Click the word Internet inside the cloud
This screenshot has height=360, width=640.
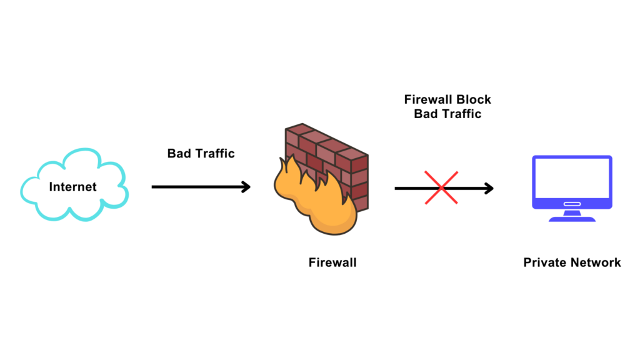click(x=72, y=186)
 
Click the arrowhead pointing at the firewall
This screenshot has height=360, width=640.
click(x=246, y=187)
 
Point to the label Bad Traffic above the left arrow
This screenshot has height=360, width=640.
click(x=201, y=153)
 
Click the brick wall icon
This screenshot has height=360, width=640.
click(x=331, y=156)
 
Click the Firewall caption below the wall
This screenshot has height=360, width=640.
click(x=332, y=262)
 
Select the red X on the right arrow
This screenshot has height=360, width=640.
click(x=441, y=187)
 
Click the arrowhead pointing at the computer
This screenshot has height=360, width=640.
click(x=489, y=187)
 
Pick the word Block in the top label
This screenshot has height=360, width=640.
click(x=474, y=99)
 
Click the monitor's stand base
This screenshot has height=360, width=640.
click(x=571, y=218)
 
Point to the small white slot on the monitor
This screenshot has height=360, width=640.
click(x=571, y=203)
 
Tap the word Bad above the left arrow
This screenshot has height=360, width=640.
click(x=179, y=153)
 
